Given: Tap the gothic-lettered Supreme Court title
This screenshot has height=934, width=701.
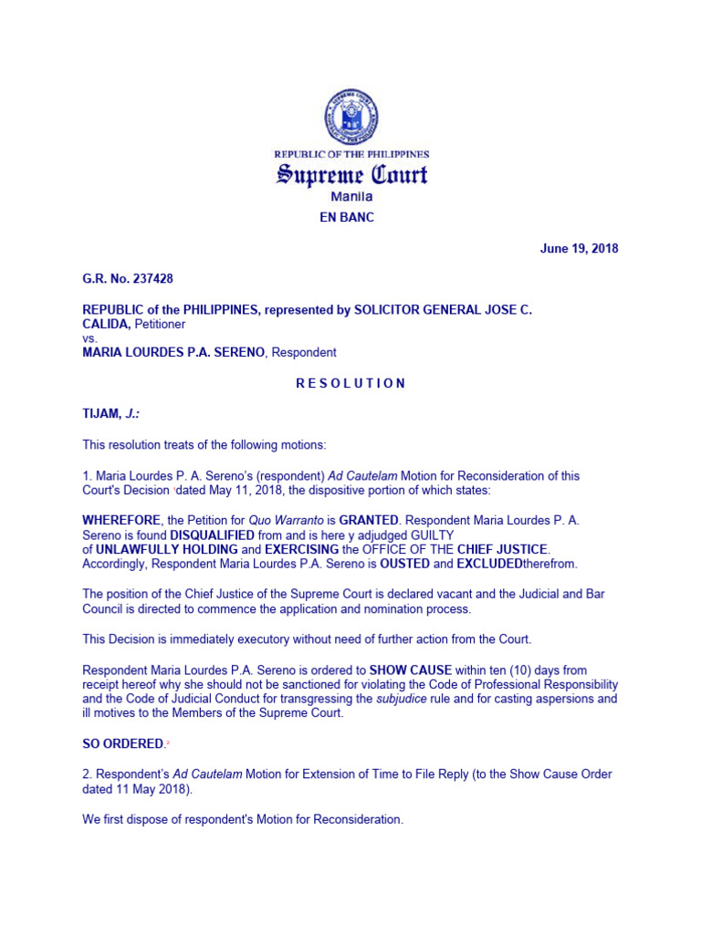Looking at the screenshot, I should point(351,175).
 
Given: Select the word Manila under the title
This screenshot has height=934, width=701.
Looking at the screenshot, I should point(351,197).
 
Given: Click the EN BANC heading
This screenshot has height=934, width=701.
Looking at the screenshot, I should point(351,218).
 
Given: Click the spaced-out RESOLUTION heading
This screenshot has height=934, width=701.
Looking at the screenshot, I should point(350,383).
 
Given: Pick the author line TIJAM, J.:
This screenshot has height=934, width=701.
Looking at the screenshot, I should point(111,414).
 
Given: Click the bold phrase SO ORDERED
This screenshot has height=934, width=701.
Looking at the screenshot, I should point(123,744).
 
